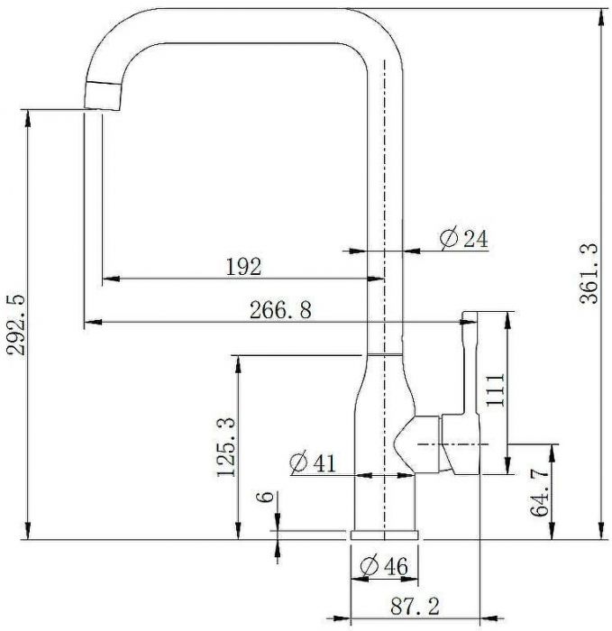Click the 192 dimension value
click(x=243, y=267)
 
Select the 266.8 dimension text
click(x=280, y=310)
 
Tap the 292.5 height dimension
click(x=16, y=325)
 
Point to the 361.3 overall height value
click(x=589, y=273)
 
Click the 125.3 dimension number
click(x=225, y=447)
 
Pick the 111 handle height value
click(x=495, y=390)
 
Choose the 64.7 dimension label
click(x=540, y=493)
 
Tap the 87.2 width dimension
click(x=415, y=606)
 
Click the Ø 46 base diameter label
click(x=384, y=566)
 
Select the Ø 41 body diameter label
click(x=313, y=462)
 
